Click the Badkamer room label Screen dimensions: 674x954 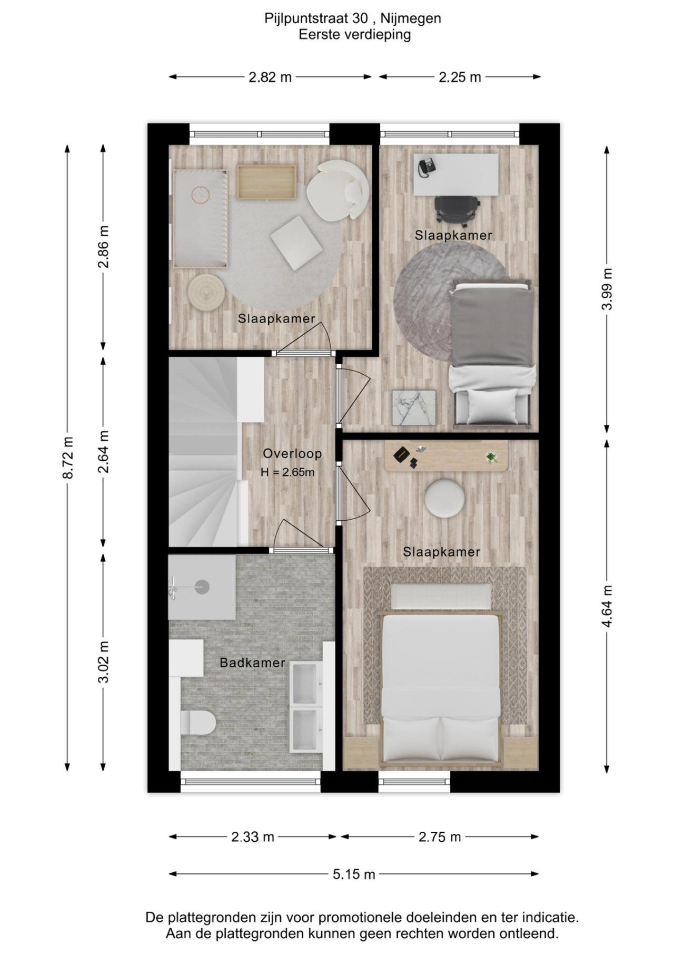(x=252, y=663)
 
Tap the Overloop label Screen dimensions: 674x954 (x=292, y=453)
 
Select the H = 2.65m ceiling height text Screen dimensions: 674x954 (x=288, y=472)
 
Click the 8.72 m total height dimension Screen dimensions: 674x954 (x=67, y=457)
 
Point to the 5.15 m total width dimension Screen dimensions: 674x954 (x=354, y=874)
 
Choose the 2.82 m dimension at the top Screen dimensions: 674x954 (x=270, y=77)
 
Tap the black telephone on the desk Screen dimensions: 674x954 (x=427, y=167)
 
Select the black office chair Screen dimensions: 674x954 (x=457, y=209)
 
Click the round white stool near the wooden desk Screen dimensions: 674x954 (x=444, y=498)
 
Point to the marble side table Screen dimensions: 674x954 (x=414, y=407)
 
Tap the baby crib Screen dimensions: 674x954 (x=201, y=218)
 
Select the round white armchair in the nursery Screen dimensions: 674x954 (x=338, y=189)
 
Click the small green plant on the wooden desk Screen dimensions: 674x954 (x=491, y=457)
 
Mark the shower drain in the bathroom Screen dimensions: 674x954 (x=202, y=587)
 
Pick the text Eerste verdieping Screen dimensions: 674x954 (x=354, y=35)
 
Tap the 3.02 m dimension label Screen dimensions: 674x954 (x=104, y=661)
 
